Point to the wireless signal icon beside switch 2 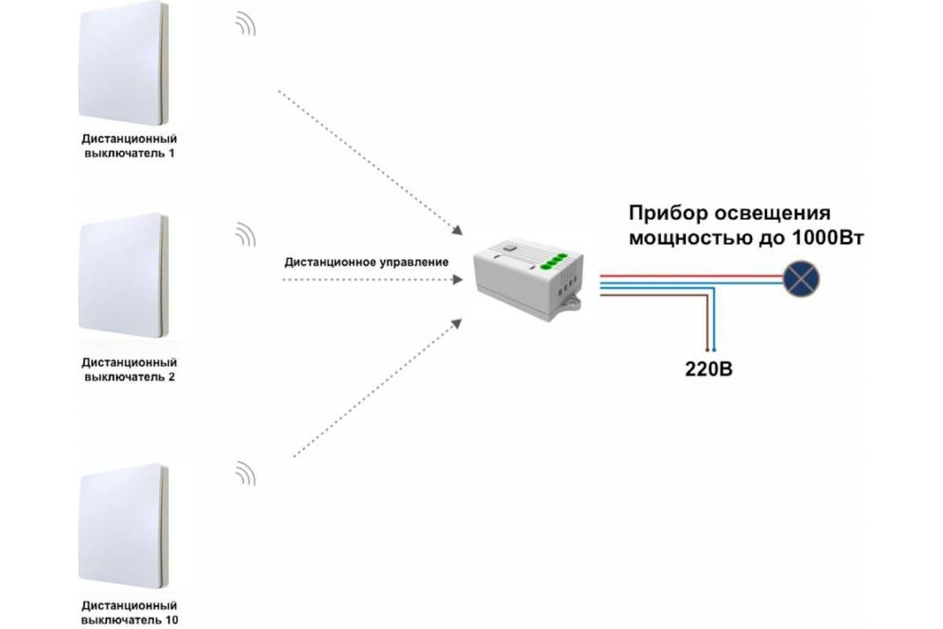tap(246, 234)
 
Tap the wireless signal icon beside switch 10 tap(246, 473)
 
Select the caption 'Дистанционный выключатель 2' tap(129, 370)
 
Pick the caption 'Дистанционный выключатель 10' tap(129, 613)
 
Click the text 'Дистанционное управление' tap(366, 262)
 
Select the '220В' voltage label tap(709, 370)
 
